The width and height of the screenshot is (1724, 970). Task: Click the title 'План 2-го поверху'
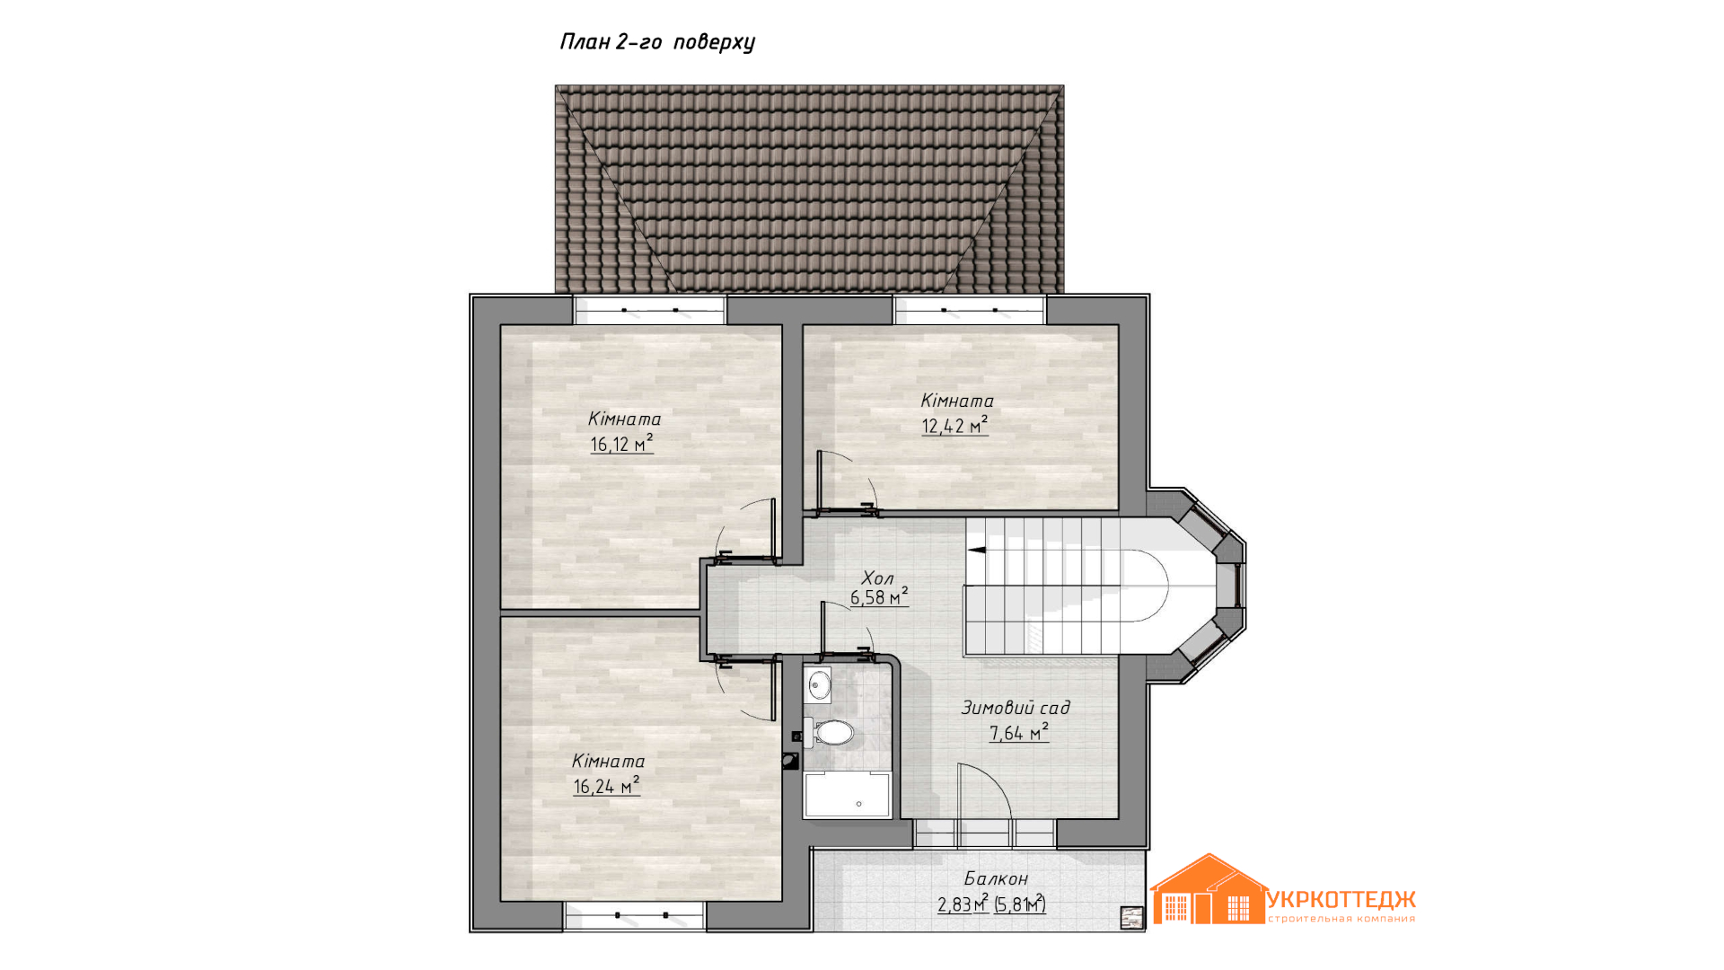pos(657,42)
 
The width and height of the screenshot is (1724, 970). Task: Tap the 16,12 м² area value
pos(621,444)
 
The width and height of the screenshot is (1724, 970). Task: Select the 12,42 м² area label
pos(955,426)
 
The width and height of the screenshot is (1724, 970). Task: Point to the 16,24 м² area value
pos(607,786)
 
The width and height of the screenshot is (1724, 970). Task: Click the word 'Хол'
pos(877,578)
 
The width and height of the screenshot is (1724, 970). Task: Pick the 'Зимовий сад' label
pos(1016,708)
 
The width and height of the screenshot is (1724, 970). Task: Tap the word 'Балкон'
pos(996,878)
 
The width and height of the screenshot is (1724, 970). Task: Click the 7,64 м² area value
pos(1019,733)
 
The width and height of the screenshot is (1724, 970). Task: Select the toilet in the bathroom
pos(829,733)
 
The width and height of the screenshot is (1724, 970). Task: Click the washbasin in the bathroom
pos(818,686)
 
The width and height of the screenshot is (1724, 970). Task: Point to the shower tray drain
pos(859,804)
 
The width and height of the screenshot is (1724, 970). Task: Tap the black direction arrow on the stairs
pos(977,550)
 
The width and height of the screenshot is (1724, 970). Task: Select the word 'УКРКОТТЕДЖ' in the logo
pos(1341,899)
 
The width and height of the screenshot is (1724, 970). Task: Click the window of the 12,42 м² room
pos(970,311)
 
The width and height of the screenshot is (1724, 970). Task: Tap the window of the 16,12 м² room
pos(650,311)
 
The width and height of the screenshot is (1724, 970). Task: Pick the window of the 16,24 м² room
pos(636,916)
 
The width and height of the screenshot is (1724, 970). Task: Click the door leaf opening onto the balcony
pos(960,805)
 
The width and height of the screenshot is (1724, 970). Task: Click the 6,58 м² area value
pos(879,597)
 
